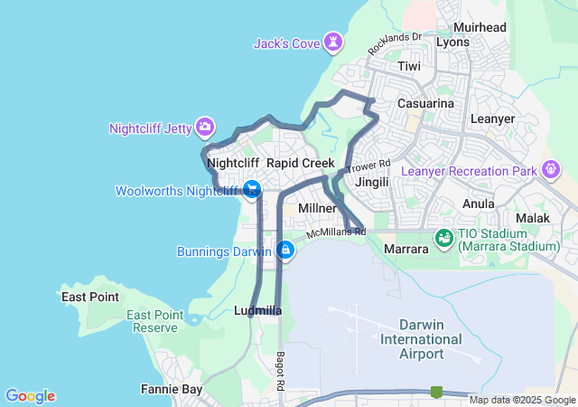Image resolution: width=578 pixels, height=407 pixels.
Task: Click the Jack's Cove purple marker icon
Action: point(334,43)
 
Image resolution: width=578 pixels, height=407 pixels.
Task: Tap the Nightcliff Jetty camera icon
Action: point(205,128)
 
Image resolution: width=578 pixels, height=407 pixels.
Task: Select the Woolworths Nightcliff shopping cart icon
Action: point(252,190)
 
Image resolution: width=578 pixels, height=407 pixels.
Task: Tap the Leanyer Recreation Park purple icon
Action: point(549,170)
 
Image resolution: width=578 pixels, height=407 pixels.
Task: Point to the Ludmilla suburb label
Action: point(257,310)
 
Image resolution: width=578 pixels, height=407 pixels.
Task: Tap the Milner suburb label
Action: point(317,208)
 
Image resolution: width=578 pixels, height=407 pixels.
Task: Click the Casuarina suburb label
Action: point(425,104)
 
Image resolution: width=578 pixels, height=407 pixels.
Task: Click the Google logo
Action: point(30,395)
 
